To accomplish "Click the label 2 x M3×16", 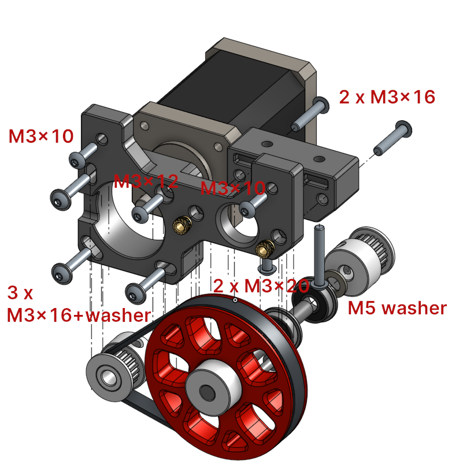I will click(x=387, y=97).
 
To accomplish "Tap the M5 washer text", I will click(x=397, y=308).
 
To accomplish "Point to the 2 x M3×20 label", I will click(x=261, y=285).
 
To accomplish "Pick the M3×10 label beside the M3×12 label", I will click(x=232, y=188).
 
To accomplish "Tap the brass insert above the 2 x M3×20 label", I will click(x=265, y=250).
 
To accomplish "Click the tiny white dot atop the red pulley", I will click(x=235, y=300).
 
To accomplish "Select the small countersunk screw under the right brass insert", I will click(x=268, y=267).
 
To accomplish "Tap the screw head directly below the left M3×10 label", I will click(x=77, y=159).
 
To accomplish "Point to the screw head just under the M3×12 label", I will click(x=140, y=216).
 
